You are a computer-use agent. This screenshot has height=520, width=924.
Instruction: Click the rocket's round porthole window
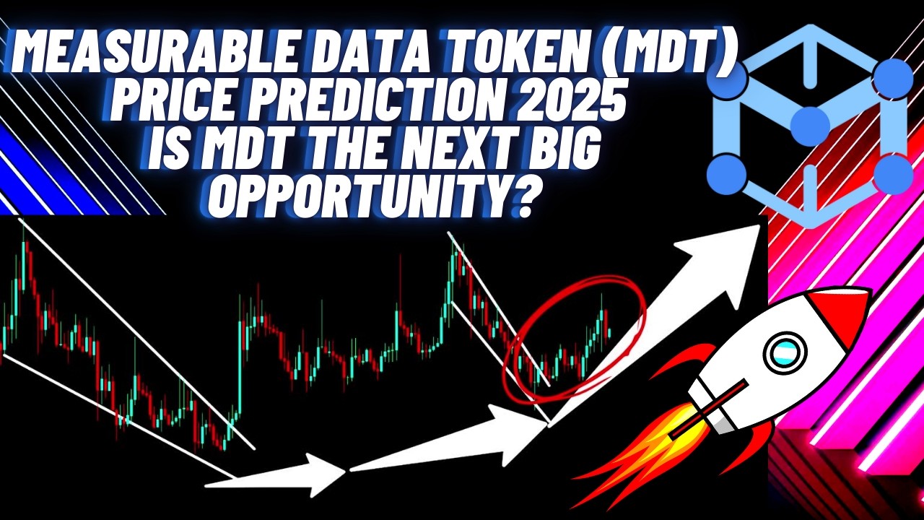784,353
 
